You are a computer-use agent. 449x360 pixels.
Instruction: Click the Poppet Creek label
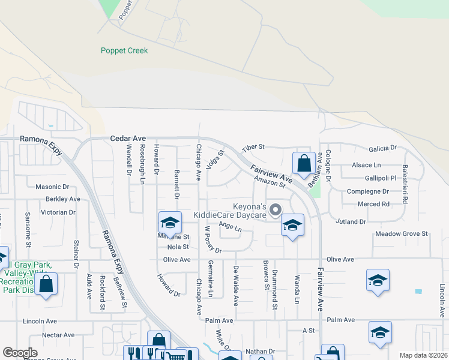pos(124,51)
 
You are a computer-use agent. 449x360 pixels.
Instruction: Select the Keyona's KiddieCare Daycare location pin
pos(276,210)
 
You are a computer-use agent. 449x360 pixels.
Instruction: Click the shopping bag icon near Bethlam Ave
pos(304,163)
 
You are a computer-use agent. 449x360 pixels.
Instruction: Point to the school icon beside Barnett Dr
pos(170,223)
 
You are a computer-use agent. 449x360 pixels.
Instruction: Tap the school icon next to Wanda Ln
pos(292,225)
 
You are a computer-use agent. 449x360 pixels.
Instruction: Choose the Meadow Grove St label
pos(401,233)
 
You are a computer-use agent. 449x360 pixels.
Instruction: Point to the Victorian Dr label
pos(58,212)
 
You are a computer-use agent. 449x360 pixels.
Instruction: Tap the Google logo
pos(20,353)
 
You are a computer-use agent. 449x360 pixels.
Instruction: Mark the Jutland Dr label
pos(351,222)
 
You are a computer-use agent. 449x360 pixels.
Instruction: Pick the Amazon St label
pos(268,181)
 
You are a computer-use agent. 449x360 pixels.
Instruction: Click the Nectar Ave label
pos(58,335)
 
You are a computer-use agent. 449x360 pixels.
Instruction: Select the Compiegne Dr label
pos(368,191)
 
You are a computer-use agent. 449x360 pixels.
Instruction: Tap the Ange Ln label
pos(230,226)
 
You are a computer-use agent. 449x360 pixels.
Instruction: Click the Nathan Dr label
pos(260,352)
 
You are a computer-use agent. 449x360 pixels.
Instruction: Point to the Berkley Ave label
pos(63,199)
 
